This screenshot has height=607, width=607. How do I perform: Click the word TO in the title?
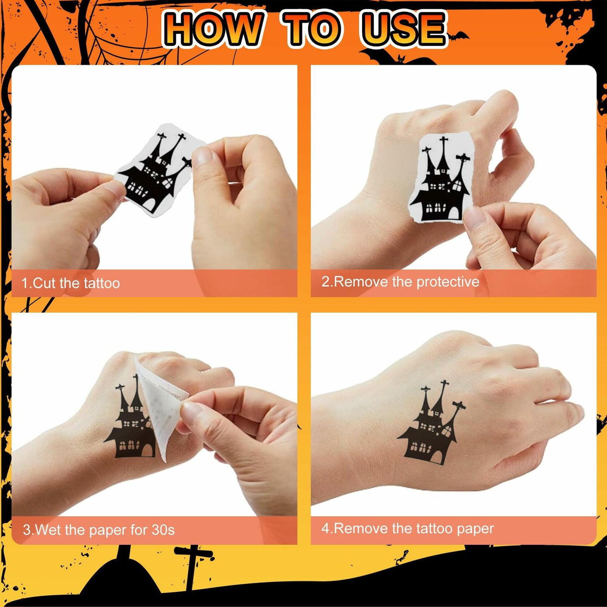point(312,29)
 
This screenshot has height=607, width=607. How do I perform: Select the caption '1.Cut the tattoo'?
point(71,283)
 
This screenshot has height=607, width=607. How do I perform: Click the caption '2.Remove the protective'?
point(400,281)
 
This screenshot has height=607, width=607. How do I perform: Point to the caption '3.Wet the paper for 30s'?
point(99,530)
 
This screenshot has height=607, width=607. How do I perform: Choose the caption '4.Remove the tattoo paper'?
point(407,528)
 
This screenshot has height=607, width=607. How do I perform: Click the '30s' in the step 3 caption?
point(163,530)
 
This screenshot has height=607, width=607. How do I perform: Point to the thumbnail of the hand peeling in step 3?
point(191,410)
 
